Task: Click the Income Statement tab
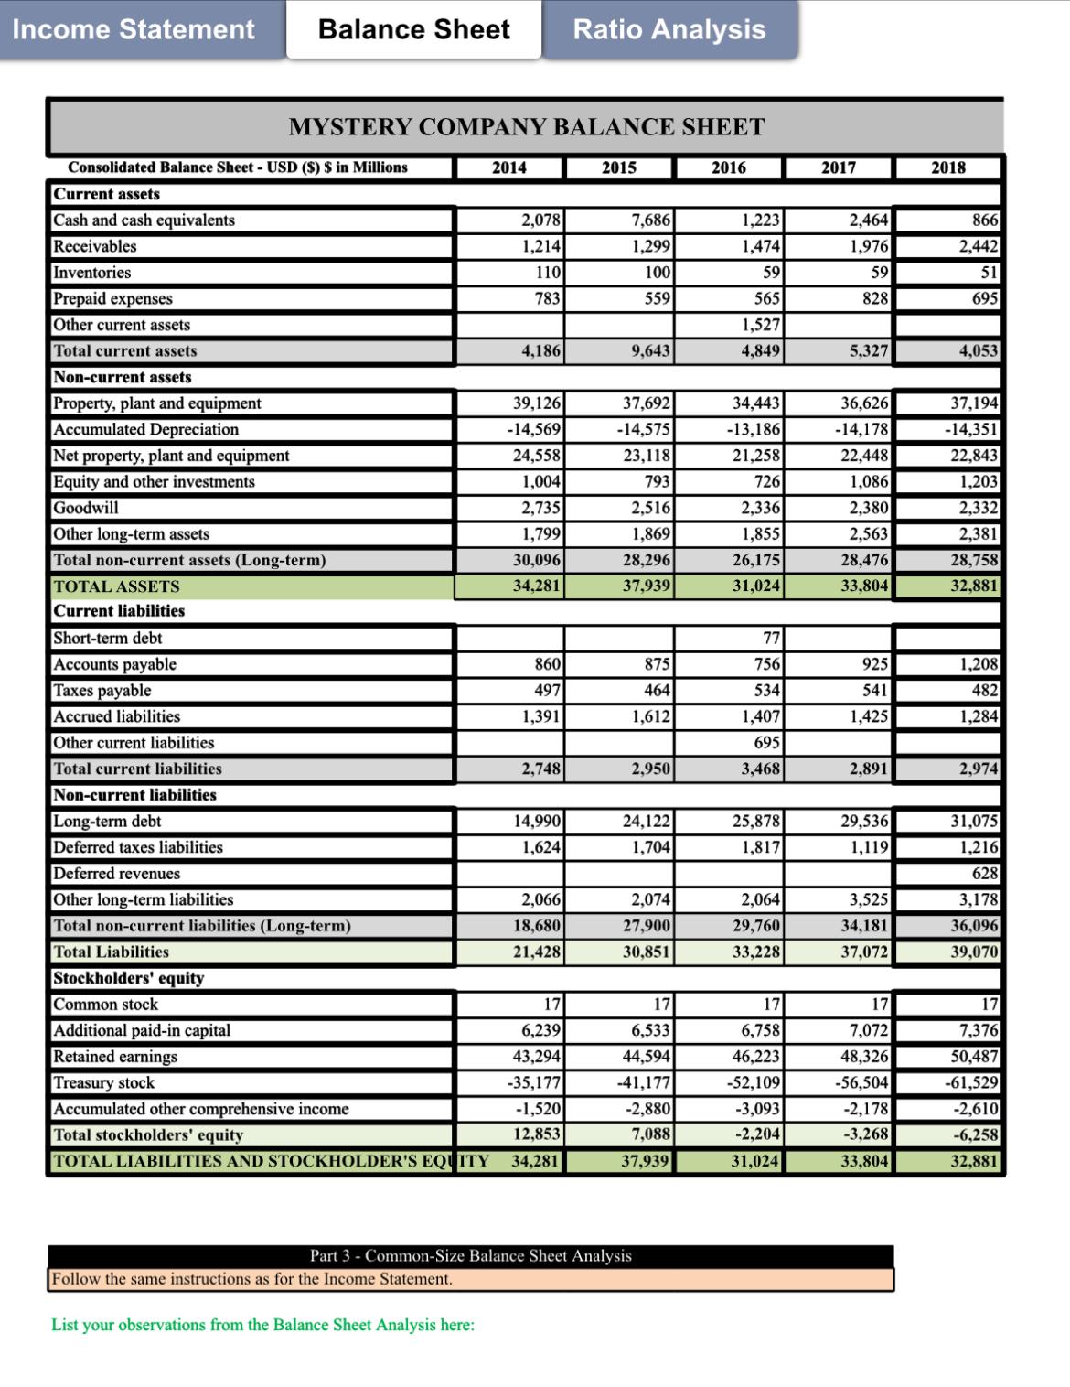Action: pos(134,29)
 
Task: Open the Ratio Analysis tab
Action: pos(669,29)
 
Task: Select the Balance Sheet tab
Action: pos(413,29)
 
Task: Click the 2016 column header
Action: pos(728,167)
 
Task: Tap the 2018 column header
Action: pos(947,167)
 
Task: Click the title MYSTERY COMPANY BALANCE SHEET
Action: pos(526,127)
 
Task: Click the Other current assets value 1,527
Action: pos(761,325)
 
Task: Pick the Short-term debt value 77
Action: pos(771,639)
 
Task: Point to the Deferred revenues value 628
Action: pos(985,874)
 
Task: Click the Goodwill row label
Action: pos(86,508)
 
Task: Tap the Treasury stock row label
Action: pos(104,1083)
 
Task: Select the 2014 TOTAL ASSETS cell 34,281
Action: pos(537,586)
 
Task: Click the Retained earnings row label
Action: pos(115,1057)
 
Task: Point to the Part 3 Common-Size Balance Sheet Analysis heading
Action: pos(470,1256)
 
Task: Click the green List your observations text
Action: pos(262,1325)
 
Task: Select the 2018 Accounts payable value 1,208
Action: pos(979,665)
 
